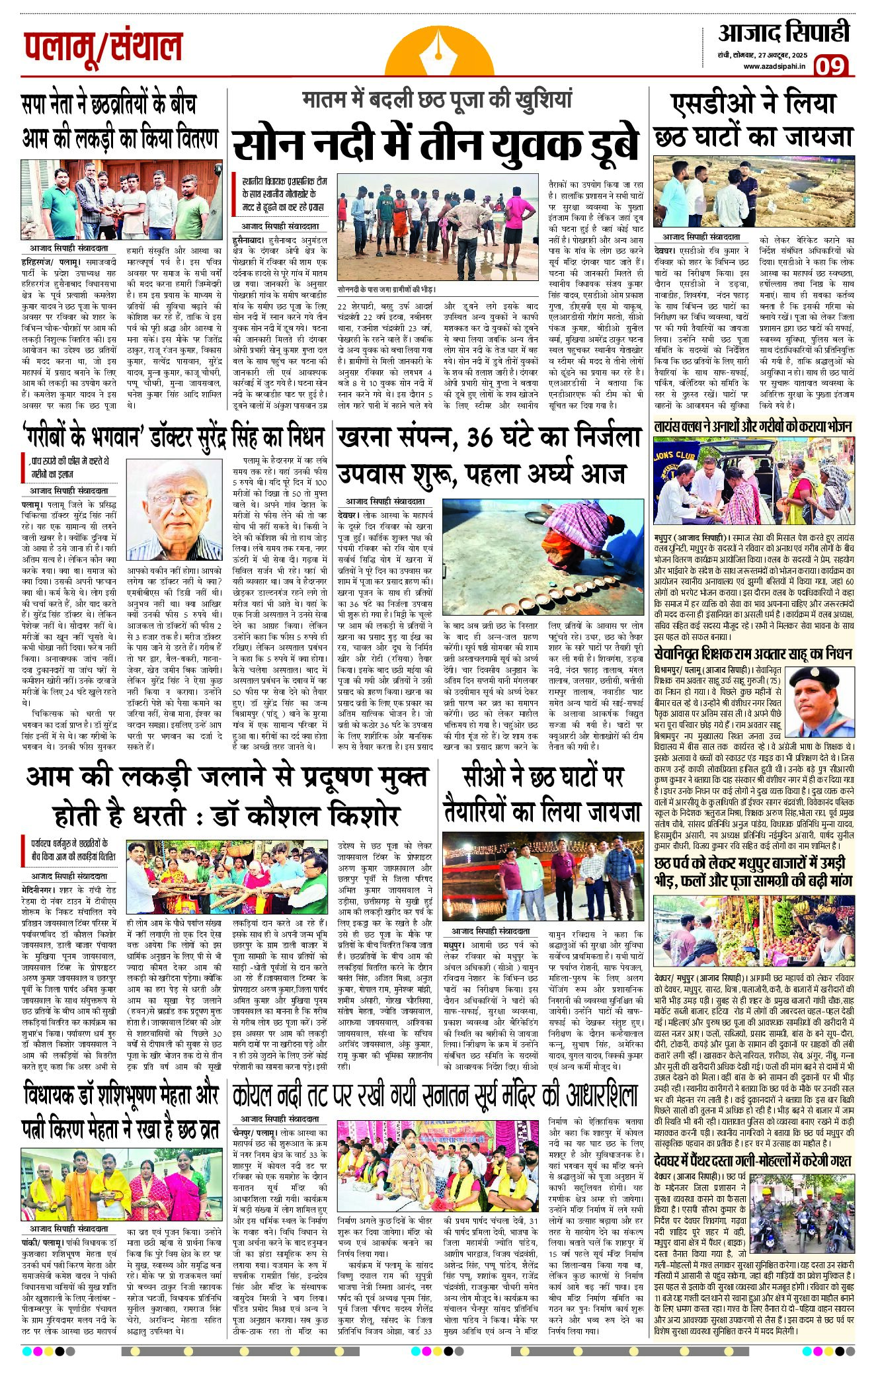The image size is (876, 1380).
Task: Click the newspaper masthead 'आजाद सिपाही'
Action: pyautogui.click(x=783, y=33)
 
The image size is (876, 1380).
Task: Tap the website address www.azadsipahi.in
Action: pyautogui.click(x=774, y=65)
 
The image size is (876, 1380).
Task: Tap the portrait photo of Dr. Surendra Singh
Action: pyautogui.click(x=174, y=510)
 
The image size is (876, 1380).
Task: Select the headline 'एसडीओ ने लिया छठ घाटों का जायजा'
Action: pyautogui.click(x=753, y=120)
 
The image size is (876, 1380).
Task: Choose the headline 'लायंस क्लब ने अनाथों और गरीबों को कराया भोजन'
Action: pyautogui.click(x=753, y=426)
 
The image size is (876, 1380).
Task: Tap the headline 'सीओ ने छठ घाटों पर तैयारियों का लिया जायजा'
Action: pyautogui.click(x=542, y=793)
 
